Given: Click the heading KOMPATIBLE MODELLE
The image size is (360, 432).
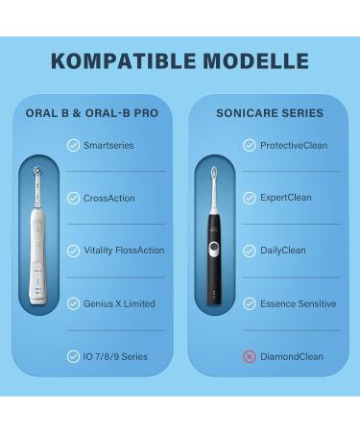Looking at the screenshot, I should click(180, 61).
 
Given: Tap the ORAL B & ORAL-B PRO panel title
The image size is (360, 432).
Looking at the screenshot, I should click(92, 113).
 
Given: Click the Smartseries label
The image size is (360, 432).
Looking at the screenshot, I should click(108, 145).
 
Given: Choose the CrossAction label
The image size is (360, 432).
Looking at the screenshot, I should click(108, 198).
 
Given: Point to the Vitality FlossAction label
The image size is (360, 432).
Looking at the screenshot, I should click(124, 251).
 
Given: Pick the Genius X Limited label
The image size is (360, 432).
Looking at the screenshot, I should click(119, 303).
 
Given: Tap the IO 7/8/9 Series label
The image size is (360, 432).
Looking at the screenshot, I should click(115, 356).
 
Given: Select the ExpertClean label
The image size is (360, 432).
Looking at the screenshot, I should click(285, 198).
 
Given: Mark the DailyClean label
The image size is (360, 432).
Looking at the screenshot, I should click(282, 251).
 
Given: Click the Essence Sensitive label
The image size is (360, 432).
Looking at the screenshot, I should click(298, 303).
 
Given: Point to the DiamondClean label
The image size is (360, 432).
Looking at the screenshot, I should click(291, 356).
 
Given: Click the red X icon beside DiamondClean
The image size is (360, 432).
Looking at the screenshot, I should click(250, 356).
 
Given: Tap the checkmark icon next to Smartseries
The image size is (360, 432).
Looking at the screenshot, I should click(74, 145).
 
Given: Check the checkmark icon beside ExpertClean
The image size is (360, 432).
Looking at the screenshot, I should click(250, 198).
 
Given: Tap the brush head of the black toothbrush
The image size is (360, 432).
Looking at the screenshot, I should click(214, 175).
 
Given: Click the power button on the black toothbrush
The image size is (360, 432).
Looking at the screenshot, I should click(214, 249).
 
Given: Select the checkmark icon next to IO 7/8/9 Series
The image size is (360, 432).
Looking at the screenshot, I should click(74, 356).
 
